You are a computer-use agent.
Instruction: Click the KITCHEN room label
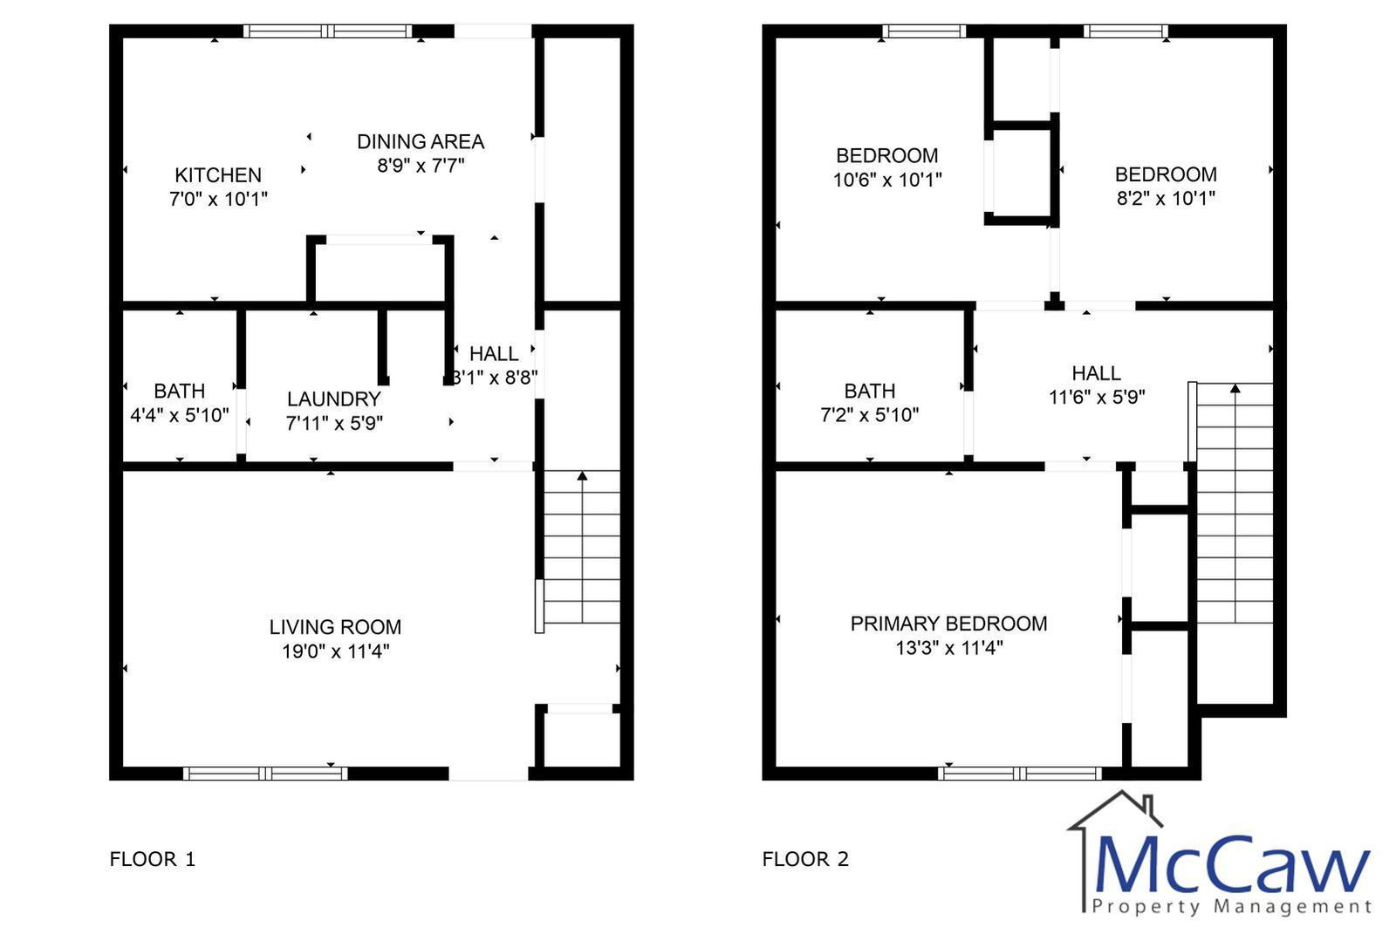click(218, 175)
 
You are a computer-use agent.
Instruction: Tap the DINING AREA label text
click(421, 142)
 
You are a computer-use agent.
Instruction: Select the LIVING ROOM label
click(335, 627)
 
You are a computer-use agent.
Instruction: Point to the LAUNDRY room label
click(334, 399)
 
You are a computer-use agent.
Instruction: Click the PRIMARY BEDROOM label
click(948, 624)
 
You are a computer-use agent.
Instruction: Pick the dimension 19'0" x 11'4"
click(336, 651)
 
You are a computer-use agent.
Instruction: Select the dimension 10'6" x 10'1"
click(887, 180)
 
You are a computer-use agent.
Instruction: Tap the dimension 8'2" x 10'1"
click(1166, 199)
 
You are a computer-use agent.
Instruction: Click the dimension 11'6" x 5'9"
click(1097, 397)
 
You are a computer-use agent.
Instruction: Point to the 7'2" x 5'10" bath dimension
click(870, 415)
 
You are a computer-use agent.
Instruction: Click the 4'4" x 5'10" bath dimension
click(180, 415)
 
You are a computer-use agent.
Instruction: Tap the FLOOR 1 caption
click(153, 859)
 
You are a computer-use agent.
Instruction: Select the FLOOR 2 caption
click(805, 859)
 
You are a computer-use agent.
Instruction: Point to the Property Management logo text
click(1232, 906)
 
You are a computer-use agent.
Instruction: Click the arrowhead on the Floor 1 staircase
click(582, 476)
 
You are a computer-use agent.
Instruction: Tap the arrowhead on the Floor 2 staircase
click(1235, 388)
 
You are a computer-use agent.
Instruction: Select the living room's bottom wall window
click(265, 774)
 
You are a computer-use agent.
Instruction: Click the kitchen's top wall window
click(328, 31)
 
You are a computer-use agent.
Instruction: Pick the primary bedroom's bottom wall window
click(1020, 774)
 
